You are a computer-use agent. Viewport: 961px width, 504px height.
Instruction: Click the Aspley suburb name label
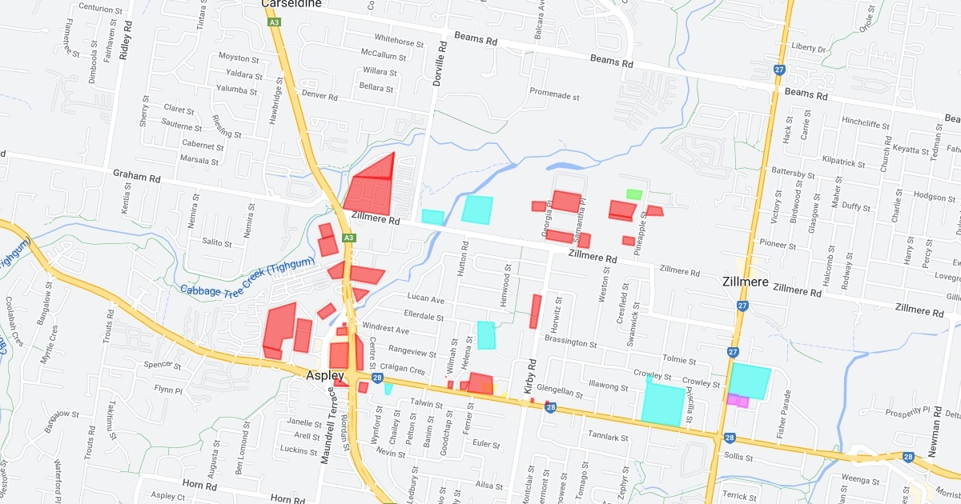coord(324,375)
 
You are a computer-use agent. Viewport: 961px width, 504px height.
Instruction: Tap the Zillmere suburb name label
coord(745,282)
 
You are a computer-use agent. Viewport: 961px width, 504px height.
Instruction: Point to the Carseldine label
coord(292,4)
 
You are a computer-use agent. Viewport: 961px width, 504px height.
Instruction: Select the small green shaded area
coord(633,194)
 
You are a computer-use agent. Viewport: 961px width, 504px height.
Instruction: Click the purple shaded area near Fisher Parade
coord(738,400)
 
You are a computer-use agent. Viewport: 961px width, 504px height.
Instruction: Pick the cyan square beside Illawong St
coord(663,404)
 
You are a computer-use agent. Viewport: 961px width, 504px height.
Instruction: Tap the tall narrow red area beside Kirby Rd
coord(535,311)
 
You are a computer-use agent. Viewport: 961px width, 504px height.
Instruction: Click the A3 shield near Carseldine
coord(275,22)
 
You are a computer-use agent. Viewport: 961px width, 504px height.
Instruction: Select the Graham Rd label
coord(137,173)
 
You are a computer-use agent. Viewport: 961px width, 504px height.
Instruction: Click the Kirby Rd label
coord(529,379)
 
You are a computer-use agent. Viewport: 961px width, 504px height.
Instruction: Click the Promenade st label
coord(554,95)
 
